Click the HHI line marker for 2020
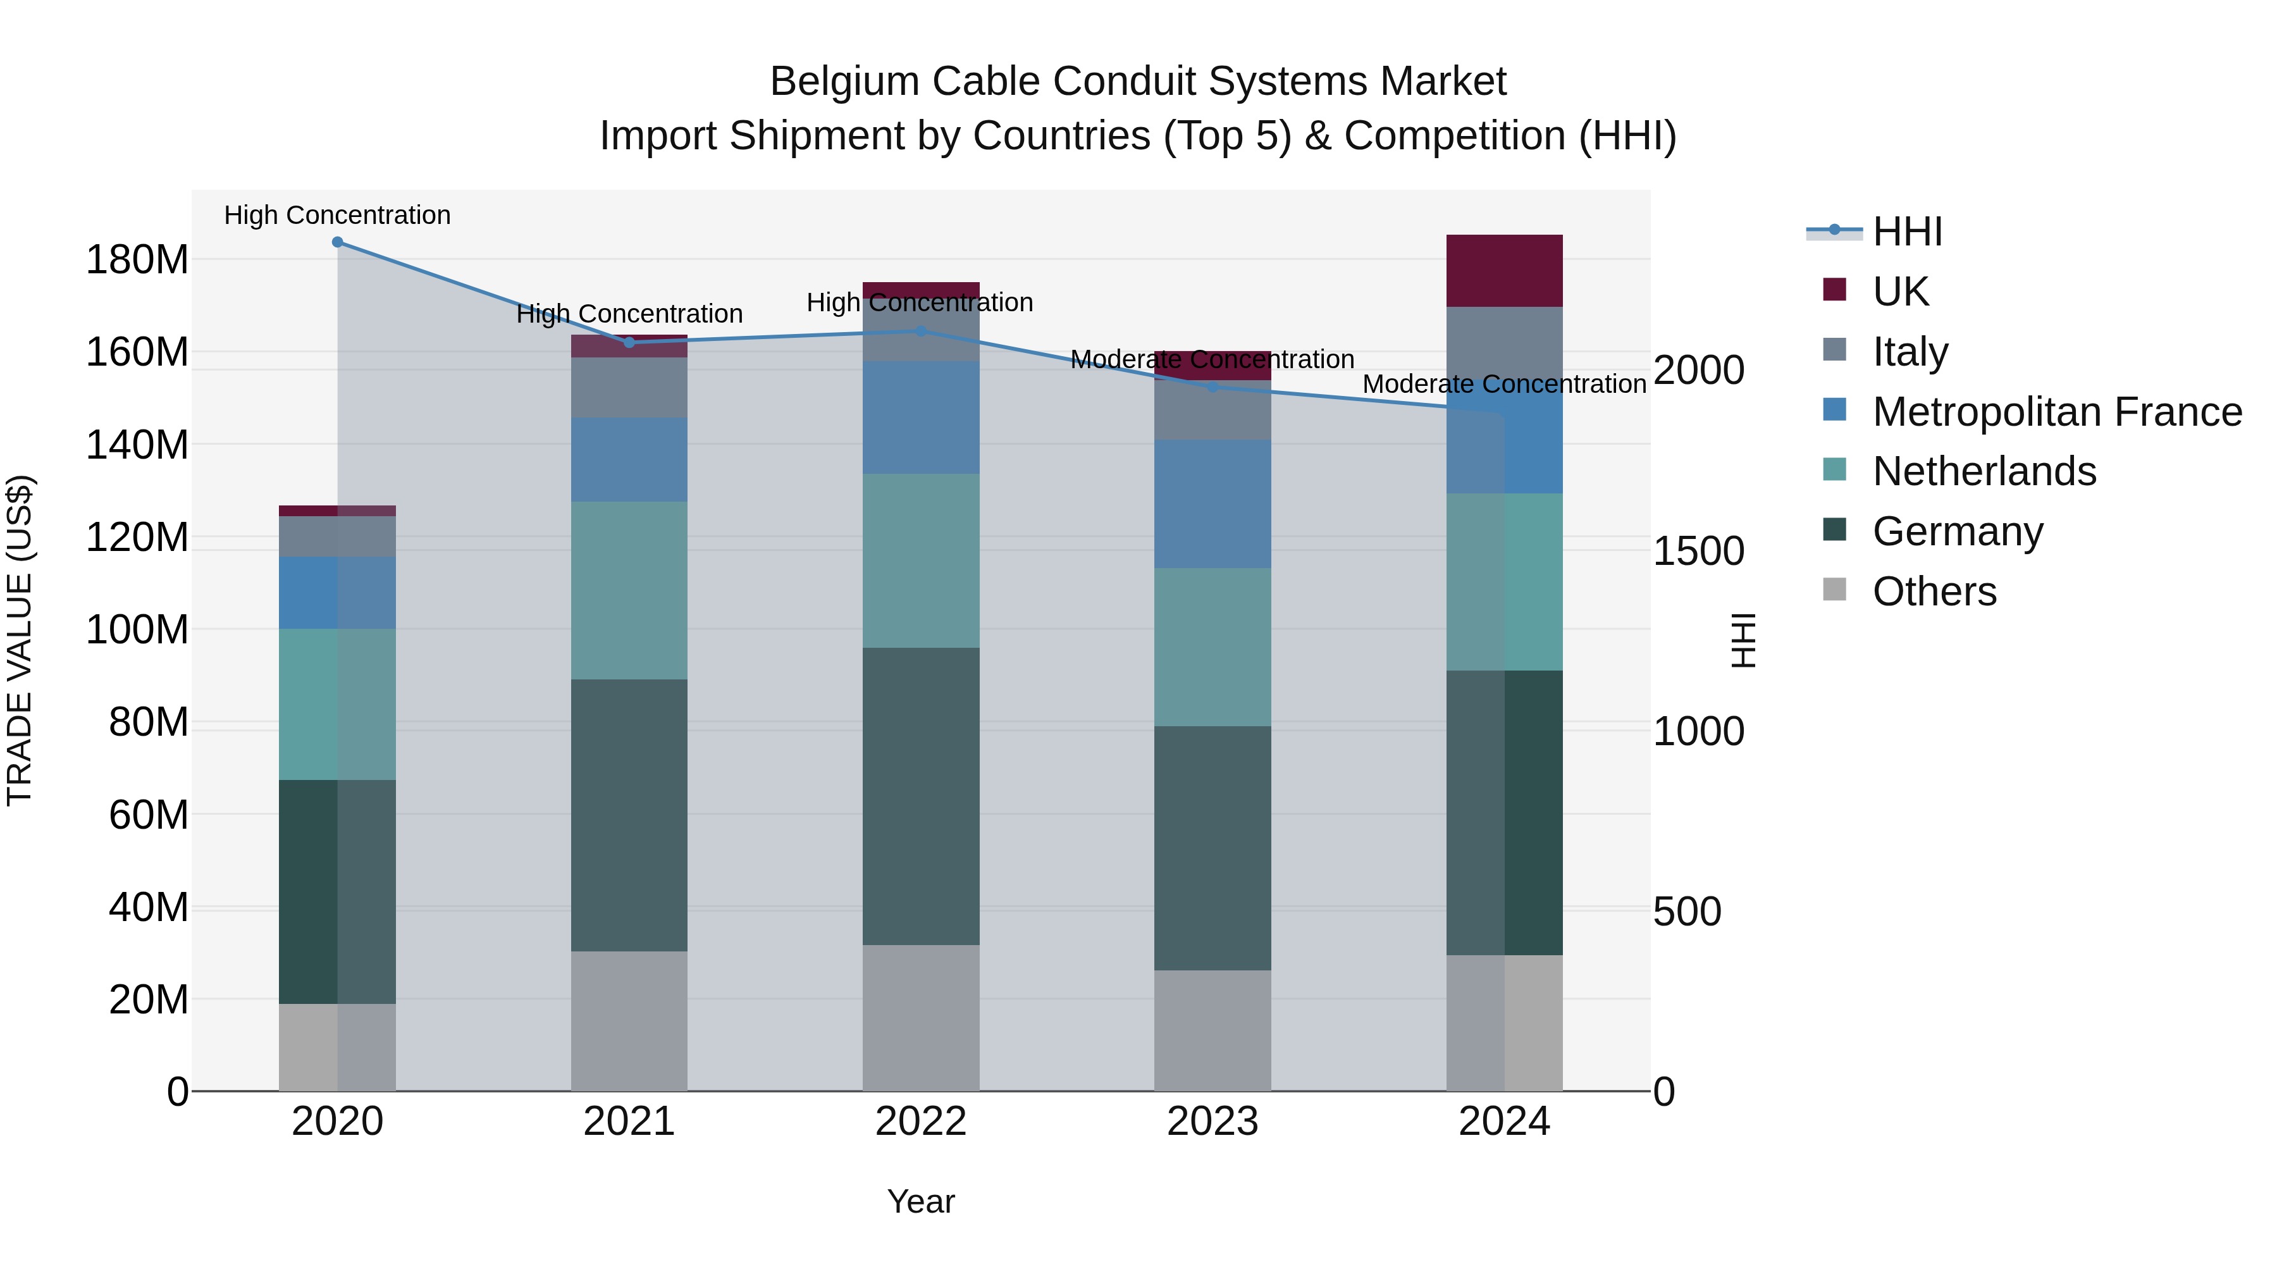coord(338,242)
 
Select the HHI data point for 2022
coord(921,331)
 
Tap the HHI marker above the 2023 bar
coord(1213,387)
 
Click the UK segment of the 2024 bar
coord(1505,271)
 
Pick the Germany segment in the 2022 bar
coord(921,796)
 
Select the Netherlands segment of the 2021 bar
coord(629,591)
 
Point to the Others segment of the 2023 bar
coord(1213,1031)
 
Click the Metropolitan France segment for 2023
coord(1213,504)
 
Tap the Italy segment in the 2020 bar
coord(338,536)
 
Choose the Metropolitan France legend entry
coord(2057,412)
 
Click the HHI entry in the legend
coord(1908,232)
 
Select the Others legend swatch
coord(1835,590)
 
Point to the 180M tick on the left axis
coord(137,260)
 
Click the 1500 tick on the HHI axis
coord(1698,551)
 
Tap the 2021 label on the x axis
coord(629,1122)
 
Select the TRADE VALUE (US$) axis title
coord(20,640)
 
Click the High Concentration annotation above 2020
coord(338,215)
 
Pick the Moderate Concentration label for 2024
coord(1505,385)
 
